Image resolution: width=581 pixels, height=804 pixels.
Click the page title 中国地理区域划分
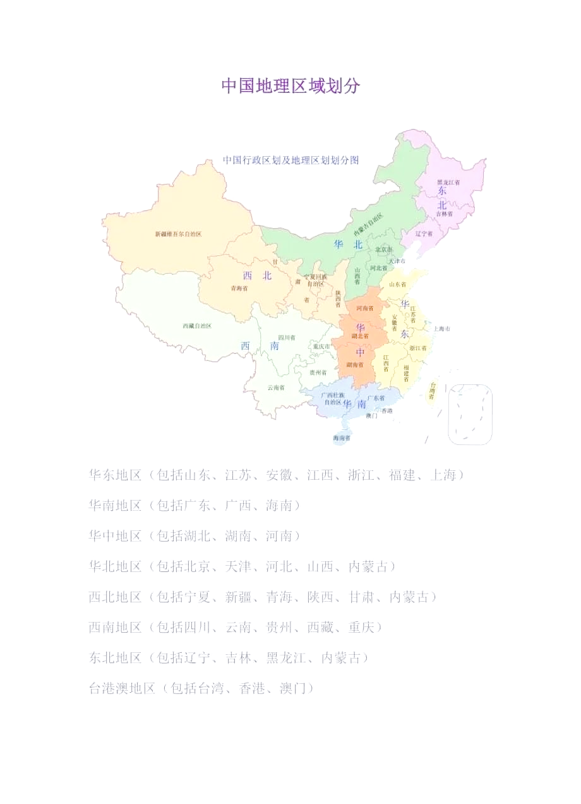click(290, 86)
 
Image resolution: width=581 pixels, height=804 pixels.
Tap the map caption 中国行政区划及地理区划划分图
click(290, 161)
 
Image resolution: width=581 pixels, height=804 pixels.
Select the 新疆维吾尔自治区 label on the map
click(178, 234)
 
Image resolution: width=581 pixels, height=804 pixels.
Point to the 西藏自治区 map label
click(197, 326)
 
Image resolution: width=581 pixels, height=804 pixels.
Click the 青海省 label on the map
click(239, 288)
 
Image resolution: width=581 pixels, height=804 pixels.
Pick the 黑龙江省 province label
click(448, 183)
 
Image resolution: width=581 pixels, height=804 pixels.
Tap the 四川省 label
click(287, 338)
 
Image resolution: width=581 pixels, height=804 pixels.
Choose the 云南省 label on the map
click(276, 387)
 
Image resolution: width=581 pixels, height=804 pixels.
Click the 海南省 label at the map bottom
click(342, 437)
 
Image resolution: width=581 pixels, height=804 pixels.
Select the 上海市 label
click(441, 329)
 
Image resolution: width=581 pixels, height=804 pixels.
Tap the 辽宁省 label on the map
click(424, 233)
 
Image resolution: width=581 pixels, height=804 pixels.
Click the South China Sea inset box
click(470, 414)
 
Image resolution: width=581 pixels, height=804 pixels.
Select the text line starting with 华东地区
click(277, 475)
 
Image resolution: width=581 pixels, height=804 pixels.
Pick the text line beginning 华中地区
click(194, 536)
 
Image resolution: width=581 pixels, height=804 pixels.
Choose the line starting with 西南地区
click(235, 627)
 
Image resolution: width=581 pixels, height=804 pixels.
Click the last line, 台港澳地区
click(201, 688)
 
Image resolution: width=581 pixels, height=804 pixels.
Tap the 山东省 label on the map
click(398, 285)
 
